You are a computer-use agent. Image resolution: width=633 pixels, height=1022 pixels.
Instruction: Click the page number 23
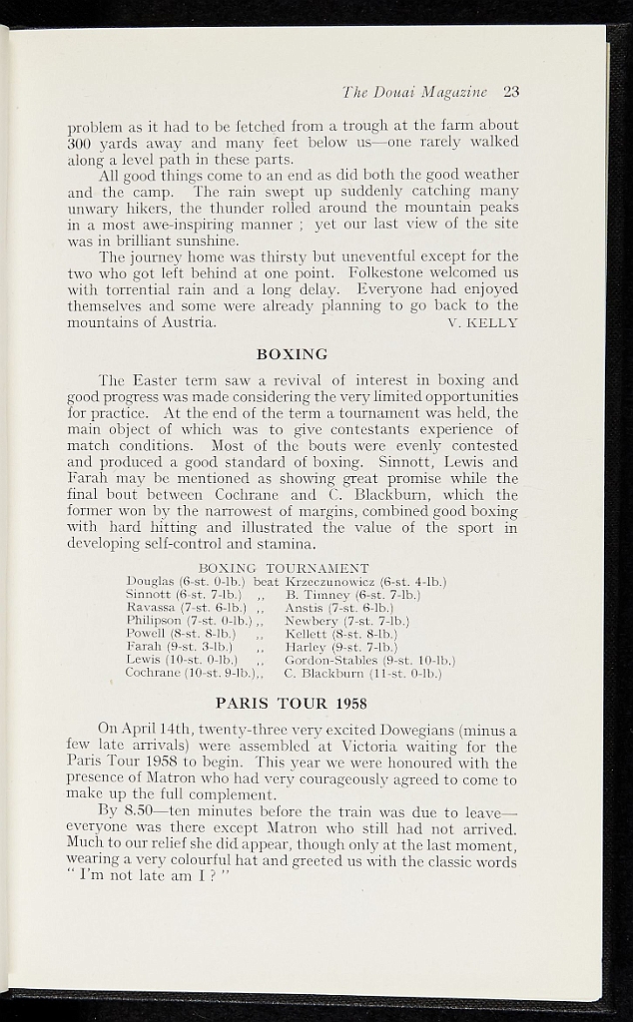(x=511, y=92)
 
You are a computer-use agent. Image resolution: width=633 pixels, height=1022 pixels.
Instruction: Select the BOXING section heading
(x=293, y=353)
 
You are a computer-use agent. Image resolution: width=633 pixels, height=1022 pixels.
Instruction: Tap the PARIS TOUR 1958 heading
(x=293, y=702)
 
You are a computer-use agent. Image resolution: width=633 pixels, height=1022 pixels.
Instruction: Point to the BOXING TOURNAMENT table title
(x=284, y=568)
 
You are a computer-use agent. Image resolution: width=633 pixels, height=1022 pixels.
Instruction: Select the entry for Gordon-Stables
(x=369, y=660)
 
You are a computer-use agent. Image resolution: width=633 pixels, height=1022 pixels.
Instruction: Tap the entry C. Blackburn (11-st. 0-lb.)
(x=362, y=674)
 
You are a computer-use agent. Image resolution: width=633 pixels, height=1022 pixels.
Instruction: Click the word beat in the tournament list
(x=267, y=581)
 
